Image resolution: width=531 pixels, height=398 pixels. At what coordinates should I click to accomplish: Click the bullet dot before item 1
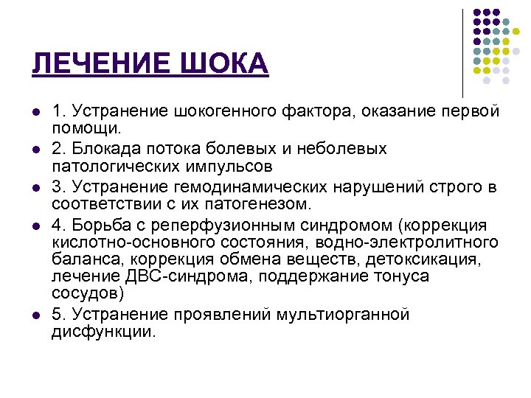click(x=35, y=112)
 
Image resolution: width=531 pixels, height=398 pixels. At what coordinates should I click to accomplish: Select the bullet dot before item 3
click(x=35, y=186)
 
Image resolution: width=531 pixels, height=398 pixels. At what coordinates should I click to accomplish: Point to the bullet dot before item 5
click(x=35, y=316)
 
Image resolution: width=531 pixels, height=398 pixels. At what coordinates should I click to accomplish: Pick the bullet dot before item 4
click(x=35, y=224)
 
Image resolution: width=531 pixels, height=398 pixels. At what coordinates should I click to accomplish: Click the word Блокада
click(x=102, y=150)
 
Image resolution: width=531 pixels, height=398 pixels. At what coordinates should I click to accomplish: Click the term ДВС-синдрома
click(x=172, y=276)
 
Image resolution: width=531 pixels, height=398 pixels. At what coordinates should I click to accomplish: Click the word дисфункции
click(x=103, y=332)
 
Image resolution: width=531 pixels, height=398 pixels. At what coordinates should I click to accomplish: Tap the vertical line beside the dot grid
click(x=463, y=52)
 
